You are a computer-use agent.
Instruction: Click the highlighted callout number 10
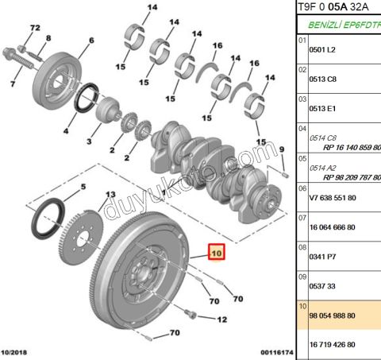217,253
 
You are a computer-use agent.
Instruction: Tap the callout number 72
33,28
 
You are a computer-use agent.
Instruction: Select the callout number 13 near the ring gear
111,195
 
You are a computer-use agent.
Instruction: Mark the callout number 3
89,141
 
